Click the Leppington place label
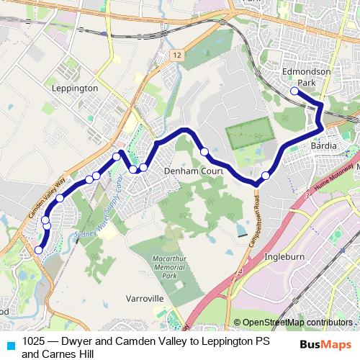[x=75, y=87]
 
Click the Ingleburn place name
[x=287, y=256]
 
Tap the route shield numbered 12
[x=176, y=55]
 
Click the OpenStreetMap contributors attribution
[x=297, y=323]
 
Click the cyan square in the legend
[x=9, y=343]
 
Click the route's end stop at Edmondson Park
[x=294, y=91]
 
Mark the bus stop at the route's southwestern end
[x=38, y=250]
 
